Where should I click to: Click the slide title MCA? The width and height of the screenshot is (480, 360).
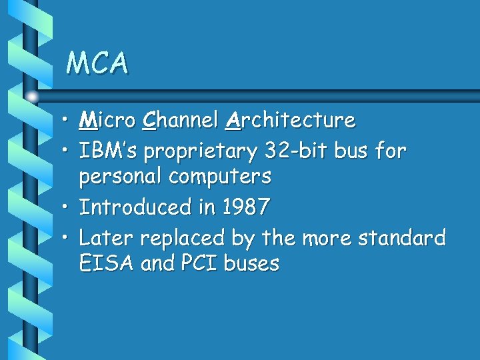click(97, 63)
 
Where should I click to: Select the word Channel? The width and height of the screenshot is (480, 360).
click(181, 121)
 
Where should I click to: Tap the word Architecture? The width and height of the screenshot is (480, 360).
click(291, 121)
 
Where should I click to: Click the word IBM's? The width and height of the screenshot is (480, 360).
click(109, 151)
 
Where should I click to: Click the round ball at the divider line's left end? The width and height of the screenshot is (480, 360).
click(33, 97)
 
